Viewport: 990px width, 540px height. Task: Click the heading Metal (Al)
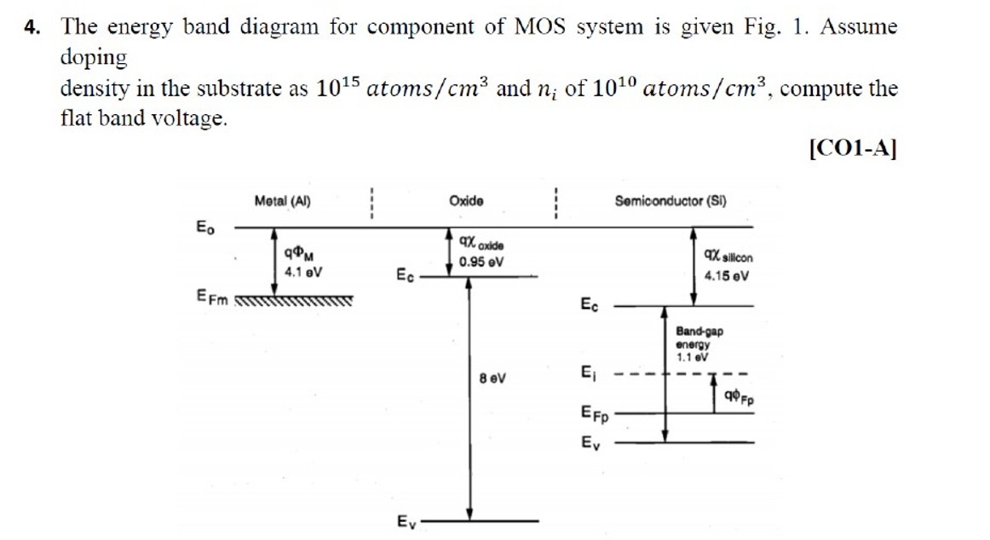(282, 202)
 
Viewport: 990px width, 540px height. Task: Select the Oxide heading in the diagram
(466, 201)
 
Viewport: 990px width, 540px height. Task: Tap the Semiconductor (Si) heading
(671, 202)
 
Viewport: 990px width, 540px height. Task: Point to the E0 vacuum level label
(205, 227)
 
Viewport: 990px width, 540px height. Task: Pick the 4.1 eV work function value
(303, 273)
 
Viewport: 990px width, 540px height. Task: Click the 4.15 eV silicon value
(727, 276)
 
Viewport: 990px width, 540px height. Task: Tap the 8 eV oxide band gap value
(492, 377)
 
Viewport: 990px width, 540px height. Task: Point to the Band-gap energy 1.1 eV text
(699, 344)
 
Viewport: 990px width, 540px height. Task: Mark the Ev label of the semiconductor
(590, 443)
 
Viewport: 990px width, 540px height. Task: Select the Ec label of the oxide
(405, 275)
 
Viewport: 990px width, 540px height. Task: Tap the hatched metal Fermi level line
(293, 300)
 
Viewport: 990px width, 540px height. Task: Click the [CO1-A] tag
(852, 148)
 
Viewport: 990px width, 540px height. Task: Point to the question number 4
(32, 27)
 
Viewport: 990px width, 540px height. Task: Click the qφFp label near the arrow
(739, 396)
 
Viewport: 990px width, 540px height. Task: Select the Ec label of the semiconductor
(590, 304)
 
